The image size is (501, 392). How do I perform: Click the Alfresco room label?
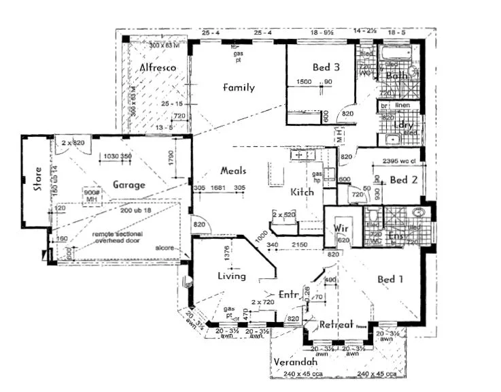pyautogui.click(x=158, y=68)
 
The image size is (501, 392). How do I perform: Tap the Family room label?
pyautogui.click(x=239, y=87)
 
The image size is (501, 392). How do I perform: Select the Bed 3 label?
pyautogui.click(x=326, y=67)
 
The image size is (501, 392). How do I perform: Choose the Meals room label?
pyautogui.click(x=233, y=171)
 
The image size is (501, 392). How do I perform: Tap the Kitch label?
pyautogui.click(x=302, y=192)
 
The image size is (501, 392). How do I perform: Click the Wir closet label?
pyautogui.click(x=342, y=229)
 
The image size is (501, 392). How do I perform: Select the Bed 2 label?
pyautogui.click(x=403, y=180)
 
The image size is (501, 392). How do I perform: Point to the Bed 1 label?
pyautogui.click(x=391, y=280)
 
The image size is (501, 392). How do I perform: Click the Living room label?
pyautogui.click(x=231, y=276)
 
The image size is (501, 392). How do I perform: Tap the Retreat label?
pyautogui.click(x=338, y=325)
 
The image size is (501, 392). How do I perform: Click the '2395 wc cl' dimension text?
pyautogui.click(x=399, y=161)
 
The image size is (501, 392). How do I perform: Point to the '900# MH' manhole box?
pyautogui.click(x=92, y=195)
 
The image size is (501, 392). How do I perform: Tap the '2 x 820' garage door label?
pyautogui.click(x=73, y=144)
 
